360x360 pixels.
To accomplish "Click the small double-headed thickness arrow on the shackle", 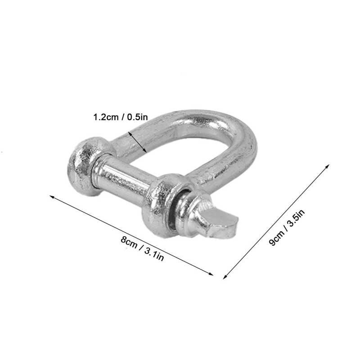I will [x=137, y=142].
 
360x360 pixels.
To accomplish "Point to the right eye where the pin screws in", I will [x=162, y=205].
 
